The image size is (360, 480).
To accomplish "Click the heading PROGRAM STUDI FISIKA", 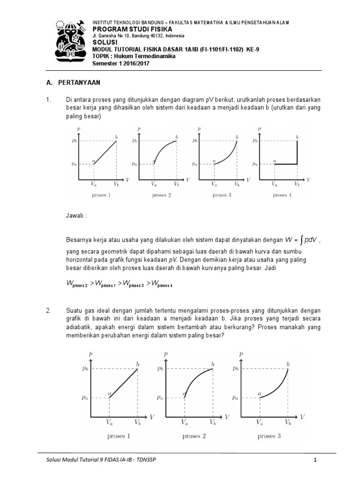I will [x=126, y=29].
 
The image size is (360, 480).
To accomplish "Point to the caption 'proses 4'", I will [x=282, y=195].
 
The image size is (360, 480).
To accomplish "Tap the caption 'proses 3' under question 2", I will [x=269, y=436].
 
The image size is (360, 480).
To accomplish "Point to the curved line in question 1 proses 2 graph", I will [x=163, y=147].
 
